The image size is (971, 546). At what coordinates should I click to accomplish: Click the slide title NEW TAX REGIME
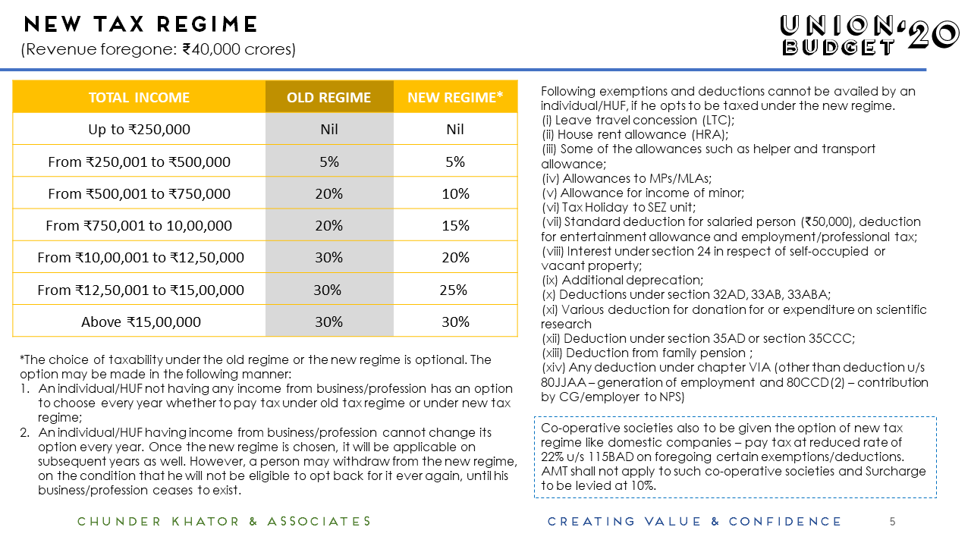(141, 25)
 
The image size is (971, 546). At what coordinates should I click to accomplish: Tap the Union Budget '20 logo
(869, 35)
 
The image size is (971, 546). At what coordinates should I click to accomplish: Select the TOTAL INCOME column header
(139, 97)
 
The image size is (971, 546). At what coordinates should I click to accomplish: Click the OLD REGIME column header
(328, 97)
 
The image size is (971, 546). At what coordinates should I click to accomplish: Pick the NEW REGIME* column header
(455, 97)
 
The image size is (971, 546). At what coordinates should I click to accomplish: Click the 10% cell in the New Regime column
(455, 193)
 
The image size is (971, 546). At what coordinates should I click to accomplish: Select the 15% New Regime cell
(455, 225)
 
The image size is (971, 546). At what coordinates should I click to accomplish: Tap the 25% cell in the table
(453, 290)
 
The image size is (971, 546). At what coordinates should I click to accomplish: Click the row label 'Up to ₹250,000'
(139, 129)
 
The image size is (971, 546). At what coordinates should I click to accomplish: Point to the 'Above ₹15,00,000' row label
(141, 322)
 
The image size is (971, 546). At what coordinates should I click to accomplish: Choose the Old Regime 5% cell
(328, 162)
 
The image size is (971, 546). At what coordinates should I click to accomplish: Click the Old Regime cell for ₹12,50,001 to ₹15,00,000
(328, 290)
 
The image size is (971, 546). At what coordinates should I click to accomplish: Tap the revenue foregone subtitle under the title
(159, 50)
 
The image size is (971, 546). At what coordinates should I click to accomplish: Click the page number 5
(892, 521)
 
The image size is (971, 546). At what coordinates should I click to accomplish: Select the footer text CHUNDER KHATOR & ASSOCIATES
(225, 521)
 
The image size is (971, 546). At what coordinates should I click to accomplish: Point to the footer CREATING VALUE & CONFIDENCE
(694, 521)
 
